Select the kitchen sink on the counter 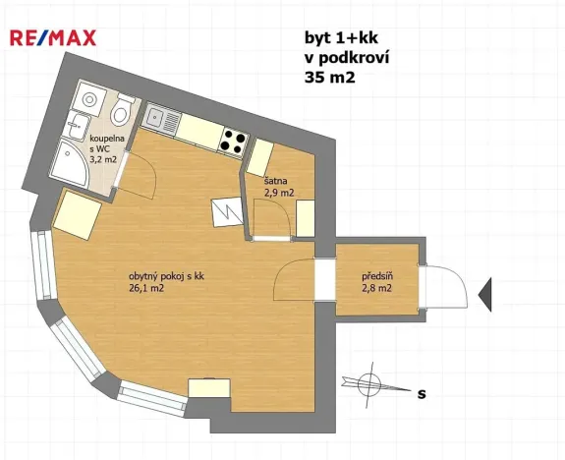[158, 119]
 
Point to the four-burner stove [233, 143]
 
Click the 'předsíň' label [376, 276]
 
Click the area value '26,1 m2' [144, 289]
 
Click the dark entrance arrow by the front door [484, 293]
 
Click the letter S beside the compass [422, 394]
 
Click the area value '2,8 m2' [376, 288]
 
